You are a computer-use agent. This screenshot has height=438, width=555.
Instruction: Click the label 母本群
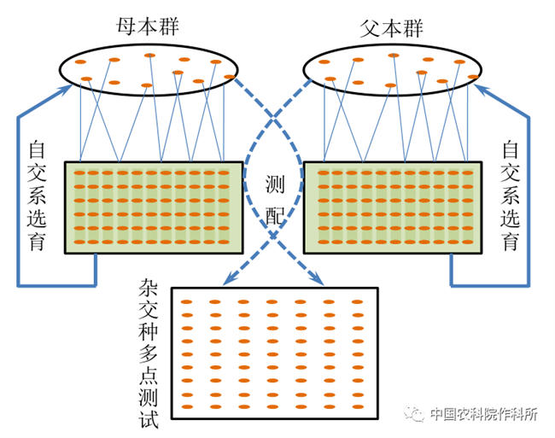pos(149,17)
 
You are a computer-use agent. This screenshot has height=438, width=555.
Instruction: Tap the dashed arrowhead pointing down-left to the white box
pos(226,280)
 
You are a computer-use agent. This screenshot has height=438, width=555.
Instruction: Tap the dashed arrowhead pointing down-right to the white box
pos(317,280)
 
